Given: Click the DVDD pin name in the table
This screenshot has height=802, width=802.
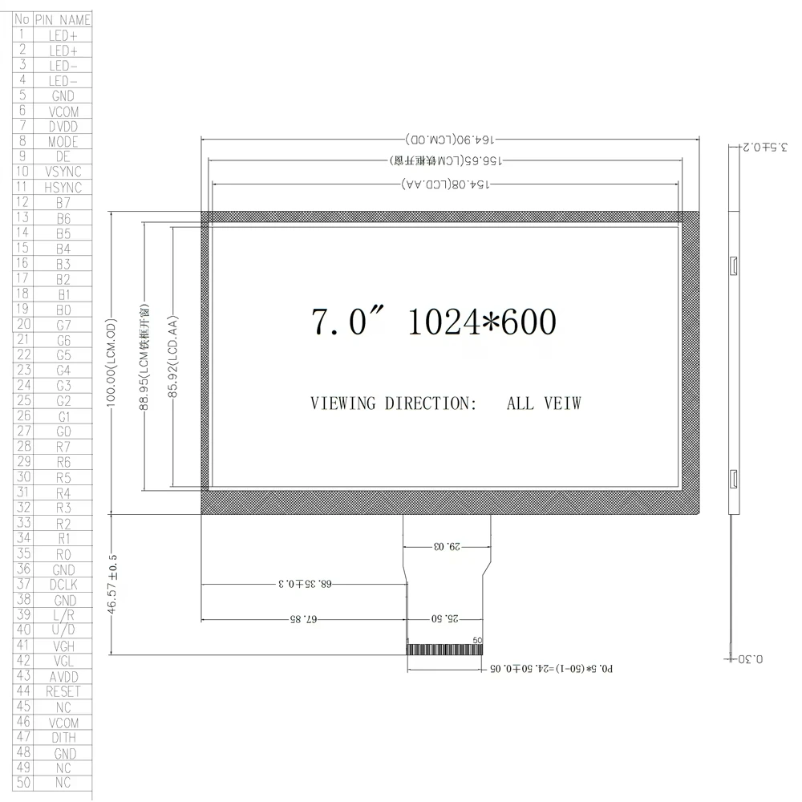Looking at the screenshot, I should point(63,127).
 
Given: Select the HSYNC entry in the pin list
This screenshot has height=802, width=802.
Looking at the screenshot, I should point(63,188).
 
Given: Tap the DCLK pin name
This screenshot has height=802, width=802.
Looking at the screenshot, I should point(63,585).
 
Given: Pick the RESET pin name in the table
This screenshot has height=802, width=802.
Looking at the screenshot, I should point(63,691).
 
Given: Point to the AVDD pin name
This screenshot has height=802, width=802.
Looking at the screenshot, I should point(63,676).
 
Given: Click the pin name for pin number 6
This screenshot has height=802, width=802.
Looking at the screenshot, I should point(63,111).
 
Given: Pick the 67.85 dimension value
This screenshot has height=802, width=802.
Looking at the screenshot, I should point(302,619).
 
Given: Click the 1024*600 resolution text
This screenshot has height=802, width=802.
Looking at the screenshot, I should point(481,322).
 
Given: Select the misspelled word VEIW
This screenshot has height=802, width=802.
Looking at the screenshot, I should point(561,403).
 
